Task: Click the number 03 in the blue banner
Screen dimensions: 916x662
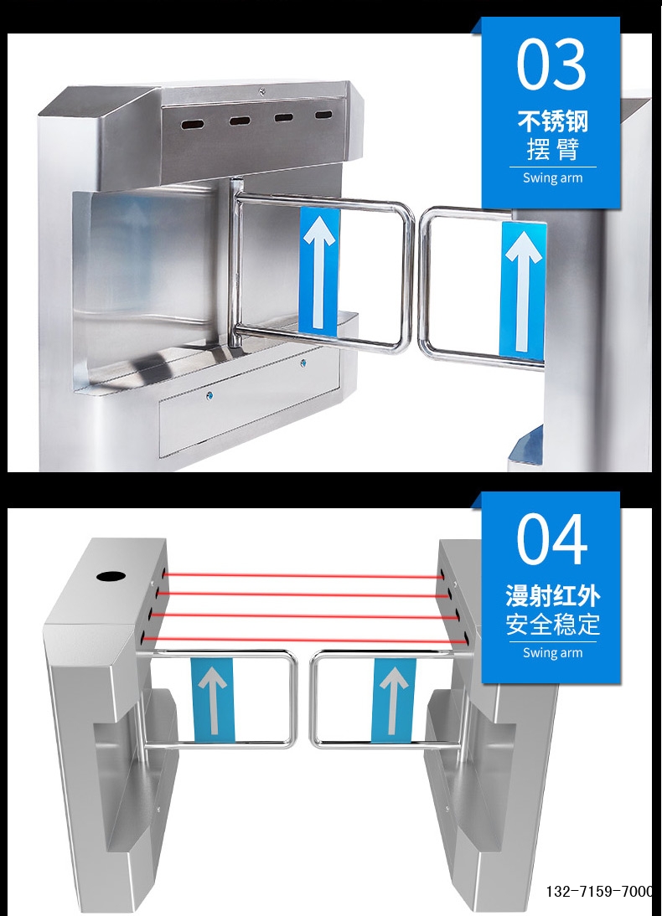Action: (551, 64)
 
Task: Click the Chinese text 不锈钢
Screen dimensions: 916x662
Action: (552, 121)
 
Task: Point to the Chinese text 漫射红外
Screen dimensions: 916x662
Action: (552, 596)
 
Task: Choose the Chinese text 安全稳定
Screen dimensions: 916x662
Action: (552, 624)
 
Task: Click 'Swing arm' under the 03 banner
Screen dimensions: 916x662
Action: (552, 178)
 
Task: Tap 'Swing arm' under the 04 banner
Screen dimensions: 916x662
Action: (552, 652)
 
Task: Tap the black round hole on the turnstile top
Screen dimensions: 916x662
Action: (109, 576)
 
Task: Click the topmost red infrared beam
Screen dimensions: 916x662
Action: (302, 575)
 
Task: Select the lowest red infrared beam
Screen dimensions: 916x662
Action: (302, 641)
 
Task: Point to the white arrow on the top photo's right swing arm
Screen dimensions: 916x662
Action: (522, 289)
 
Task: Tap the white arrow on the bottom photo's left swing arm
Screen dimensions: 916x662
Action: (213, 699)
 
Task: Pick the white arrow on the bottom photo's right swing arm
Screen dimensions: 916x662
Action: (393, 699)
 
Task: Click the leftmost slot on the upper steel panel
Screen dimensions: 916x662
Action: (193, 124)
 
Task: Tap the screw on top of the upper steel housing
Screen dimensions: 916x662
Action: (262, 91)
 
